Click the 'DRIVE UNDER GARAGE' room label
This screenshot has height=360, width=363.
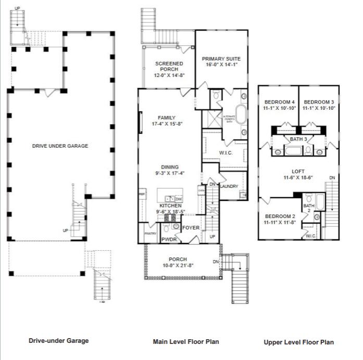[x=60, y=146]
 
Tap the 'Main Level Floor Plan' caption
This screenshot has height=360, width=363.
[x=185, y=342]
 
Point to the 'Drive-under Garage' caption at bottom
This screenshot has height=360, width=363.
[x=58, y=341]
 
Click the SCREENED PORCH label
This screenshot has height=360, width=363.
[x=169, y=67]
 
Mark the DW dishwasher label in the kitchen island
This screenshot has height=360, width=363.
[x=179, y=199]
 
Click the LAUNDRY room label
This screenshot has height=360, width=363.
[x=229, y=186]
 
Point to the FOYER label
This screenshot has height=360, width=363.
[x=191, y=227]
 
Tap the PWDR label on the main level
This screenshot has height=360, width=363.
[x=169, y=240]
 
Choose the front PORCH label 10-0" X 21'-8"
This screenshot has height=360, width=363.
[x=178, y=262]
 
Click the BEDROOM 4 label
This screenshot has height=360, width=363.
[x=280, y=101]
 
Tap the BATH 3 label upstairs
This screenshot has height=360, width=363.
[x=298, y=139]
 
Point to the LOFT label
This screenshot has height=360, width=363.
[x=298, y=171]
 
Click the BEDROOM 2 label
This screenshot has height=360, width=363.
[x=280, y=216]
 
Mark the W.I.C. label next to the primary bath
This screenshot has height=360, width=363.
[x=226, y=152]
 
